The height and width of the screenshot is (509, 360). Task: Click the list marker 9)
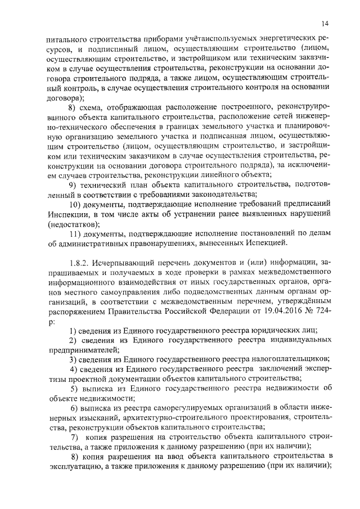point(72,186)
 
